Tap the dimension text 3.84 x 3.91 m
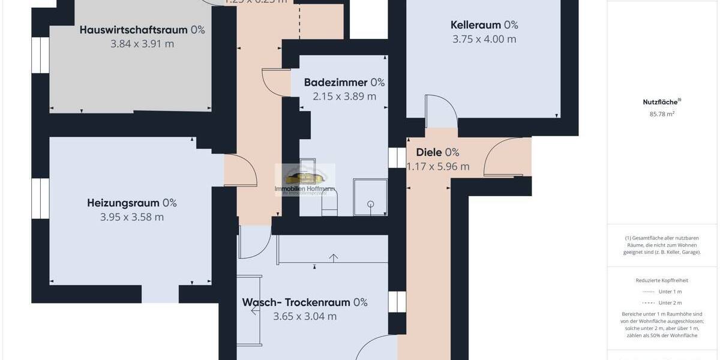pos(142,44)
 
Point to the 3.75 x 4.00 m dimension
pos(484,40)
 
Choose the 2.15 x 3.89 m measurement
pos(344,96)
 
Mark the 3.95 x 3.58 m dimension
pos(132,217)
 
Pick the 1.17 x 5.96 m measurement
pos(438,167)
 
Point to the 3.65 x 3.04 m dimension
pos(305,316)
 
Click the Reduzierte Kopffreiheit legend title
pos(662,280)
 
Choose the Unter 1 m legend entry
pos(670,292)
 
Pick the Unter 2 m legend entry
pos(670,303)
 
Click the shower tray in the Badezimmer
pos(371,197)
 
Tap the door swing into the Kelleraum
pos(441,111)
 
